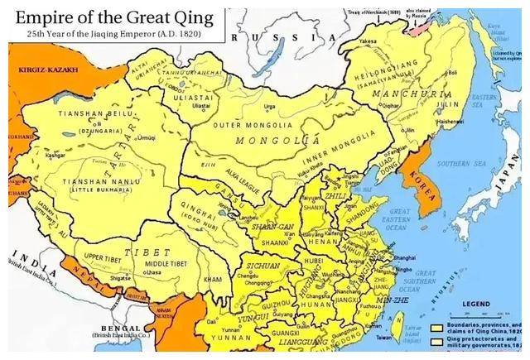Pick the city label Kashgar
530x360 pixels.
point(33,155)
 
